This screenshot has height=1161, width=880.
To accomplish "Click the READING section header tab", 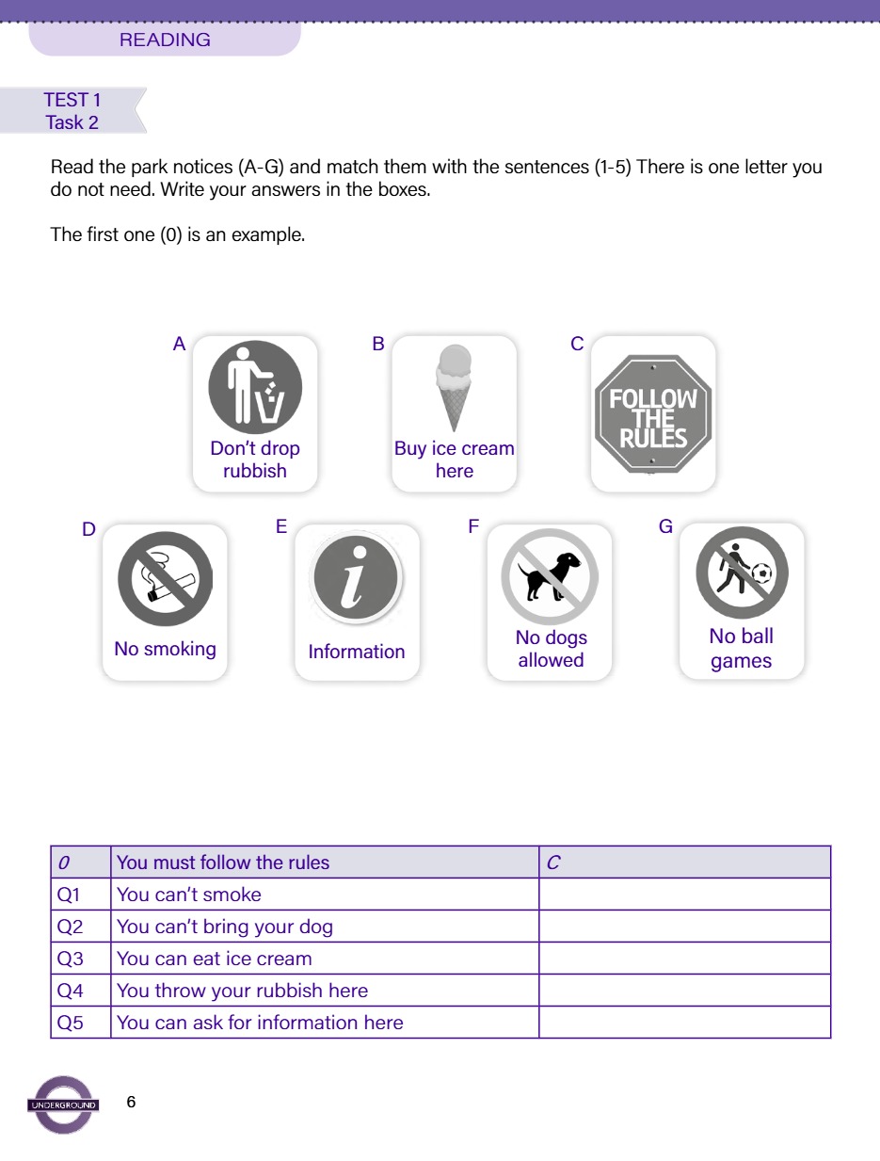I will (x=165, y=40).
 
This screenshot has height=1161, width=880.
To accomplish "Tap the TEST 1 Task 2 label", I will (x=72, y=111).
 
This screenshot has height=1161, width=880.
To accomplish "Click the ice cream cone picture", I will (x=454, y=387).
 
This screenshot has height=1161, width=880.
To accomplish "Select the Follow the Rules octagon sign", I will (x=652, y=412).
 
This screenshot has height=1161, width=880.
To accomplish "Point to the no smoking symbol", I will (x=165, y=579).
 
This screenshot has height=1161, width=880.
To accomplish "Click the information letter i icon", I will (x=357, y=578).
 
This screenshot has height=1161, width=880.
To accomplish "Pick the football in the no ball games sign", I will (x=761, y=572).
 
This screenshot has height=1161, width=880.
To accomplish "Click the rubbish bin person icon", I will (x=254, y=387).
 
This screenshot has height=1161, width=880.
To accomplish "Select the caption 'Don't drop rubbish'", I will (x=255, y=460).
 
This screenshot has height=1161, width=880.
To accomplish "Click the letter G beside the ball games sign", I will (x=665, y=527).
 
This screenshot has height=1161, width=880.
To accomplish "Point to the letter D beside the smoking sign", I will (x=88, y=529).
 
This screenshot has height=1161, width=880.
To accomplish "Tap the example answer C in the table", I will (x=553, y=863).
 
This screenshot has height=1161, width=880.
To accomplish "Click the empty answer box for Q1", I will (x=684, y=895).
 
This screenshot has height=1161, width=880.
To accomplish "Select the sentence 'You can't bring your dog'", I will (x=225, y=927).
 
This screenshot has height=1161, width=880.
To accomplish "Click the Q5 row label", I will (x=71, y=1023).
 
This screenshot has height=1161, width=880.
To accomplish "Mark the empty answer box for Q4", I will (x=684, y=991).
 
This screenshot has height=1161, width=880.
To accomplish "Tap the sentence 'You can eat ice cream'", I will (x=215, y=959).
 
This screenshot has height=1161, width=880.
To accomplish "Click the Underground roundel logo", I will (x=63, y=1105).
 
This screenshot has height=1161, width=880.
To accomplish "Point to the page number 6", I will (x=131, y=1102).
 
